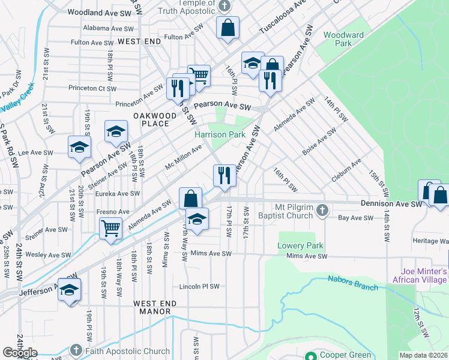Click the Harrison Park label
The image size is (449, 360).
(x=220, y=134)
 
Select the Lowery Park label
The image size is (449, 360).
(x=300, y=245)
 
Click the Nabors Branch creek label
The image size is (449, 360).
(x=353, y=283)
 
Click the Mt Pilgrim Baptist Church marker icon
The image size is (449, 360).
(x=322, y=210)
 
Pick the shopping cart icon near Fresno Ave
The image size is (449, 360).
(x=111, y=227)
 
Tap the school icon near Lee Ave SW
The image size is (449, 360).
(x=79, y=148)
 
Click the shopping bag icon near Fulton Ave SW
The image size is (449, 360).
(x=228, y=27)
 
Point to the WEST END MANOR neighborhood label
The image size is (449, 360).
(x=152, y=311)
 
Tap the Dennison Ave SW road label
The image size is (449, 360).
(x=391, y=204)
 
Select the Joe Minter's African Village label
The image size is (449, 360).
(x=420, y=275)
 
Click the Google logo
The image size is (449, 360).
(x=20, y=353)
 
